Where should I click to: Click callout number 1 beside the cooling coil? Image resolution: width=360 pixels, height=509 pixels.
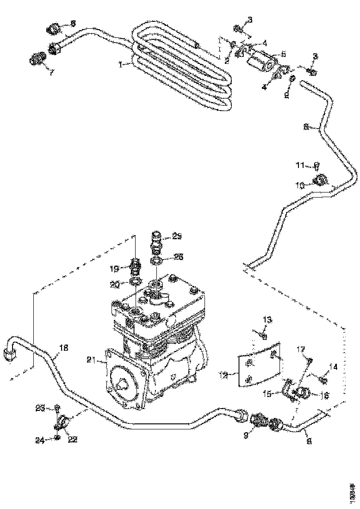[121, 65]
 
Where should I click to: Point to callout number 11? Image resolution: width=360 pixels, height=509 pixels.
[300, 165]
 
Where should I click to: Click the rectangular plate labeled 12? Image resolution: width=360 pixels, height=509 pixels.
[259, 364]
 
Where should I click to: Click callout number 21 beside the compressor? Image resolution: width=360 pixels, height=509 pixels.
[91, 359]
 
